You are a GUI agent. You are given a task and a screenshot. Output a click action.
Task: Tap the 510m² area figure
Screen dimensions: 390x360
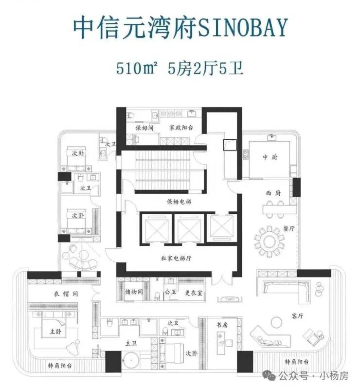[x=135, y=67]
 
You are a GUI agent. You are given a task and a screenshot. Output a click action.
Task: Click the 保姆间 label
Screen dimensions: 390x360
[x=144, y=129]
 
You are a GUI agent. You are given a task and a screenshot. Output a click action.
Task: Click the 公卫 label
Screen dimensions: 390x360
[x=169, y=293]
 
